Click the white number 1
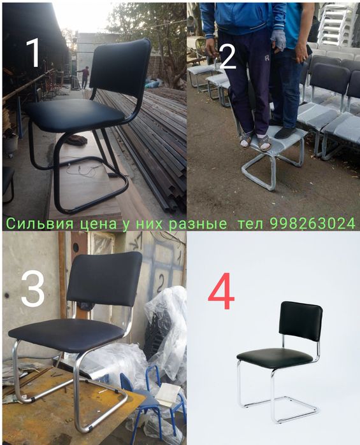[x=32, y=53]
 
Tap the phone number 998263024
[x=312, y=223]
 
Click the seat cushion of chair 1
[x=76, y=115]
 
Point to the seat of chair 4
[x=274, y=357]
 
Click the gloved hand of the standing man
[x=278, y=40]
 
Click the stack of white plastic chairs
[x=334, y=25]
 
